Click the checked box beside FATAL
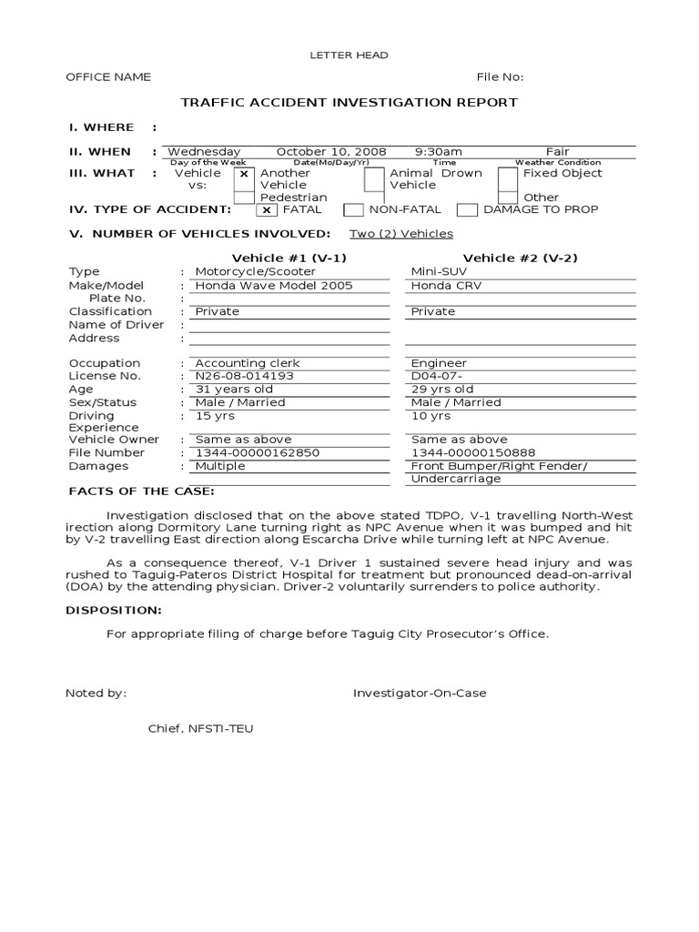267,210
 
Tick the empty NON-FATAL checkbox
354,210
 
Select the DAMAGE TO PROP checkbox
467,210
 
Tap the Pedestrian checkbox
244,198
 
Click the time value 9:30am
439,152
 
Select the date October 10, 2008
331,152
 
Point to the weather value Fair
557,152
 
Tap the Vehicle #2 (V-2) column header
520,258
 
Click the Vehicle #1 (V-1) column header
289,258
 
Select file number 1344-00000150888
473,452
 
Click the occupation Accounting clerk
248,363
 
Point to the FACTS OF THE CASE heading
141,491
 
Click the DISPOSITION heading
115,610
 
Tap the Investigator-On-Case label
420,694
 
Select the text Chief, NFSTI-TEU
201,729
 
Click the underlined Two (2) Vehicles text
401,234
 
